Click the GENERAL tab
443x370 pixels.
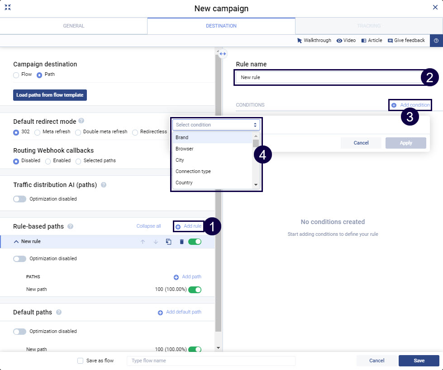tap(73, 26)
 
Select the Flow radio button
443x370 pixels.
tap(16, 75)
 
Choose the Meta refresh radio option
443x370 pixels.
tap(37, 132)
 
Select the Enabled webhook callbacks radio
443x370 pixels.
tap(48, 161)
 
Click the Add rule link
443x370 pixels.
tap(188, 226)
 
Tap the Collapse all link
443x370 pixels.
tap(148, 226)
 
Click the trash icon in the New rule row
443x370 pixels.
tap(181, 242)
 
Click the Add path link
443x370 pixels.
tap(187, 277)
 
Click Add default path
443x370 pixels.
tap(179, 312)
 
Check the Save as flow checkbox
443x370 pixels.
tap(80, 361)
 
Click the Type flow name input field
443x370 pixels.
tap(211, 361)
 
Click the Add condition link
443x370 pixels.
tap(410, 105)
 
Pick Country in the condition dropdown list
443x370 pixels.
tap(184, 183)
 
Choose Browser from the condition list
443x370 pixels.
tap(185, 149)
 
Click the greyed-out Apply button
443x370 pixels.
tap(406, 143)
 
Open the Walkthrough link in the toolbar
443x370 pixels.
tap(314, 41)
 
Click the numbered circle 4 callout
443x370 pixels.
tap(263, 155)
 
